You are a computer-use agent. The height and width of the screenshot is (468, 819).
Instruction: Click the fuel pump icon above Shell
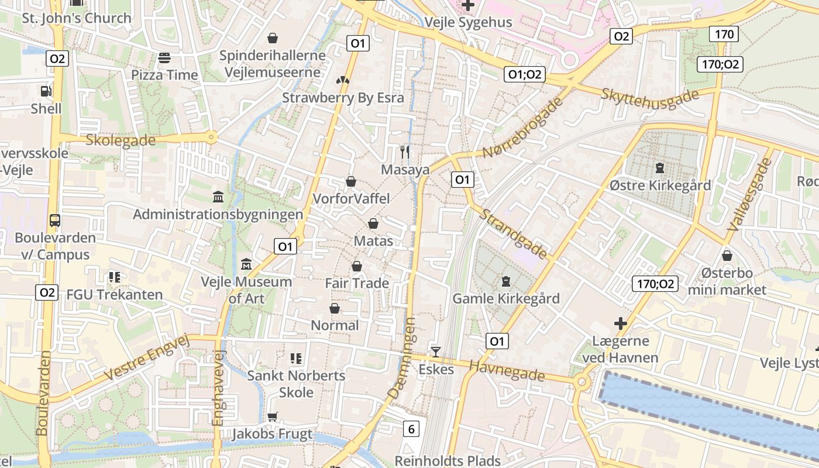[46, 91]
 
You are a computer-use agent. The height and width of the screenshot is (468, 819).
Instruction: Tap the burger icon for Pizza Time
[164, 58]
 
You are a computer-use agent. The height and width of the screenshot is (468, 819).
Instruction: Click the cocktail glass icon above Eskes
[436, 352]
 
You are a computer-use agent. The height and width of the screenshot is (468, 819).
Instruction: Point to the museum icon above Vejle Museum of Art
[246, 264]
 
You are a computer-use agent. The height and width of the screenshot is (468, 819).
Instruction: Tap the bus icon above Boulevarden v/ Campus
[55, 221]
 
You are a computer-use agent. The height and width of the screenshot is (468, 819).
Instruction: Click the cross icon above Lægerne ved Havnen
[620, 324]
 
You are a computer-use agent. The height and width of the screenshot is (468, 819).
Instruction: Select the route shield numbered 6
[411, 429]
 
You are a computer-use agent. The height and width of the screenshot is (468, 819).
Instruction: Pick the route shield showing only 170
[724, 34]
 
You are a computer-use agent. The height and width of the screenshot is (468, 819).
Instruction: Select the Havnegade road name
[507, 370]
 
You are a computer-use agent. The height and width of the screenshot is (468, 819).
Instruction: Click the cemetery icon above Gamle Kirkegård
[506, 281]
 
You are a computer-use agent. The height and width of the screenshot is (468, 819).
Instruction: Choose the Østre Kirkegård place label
[660, 185]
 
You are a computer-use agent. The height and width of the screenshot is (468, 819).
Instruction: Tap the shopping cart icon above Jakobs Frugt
[272, 417]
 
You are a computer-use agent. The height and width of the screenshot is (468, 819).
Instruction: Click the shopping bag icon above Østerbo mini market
[727, 256]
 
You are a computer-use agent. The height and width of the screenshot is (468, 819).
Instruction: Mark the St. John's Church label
[77, 18]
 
